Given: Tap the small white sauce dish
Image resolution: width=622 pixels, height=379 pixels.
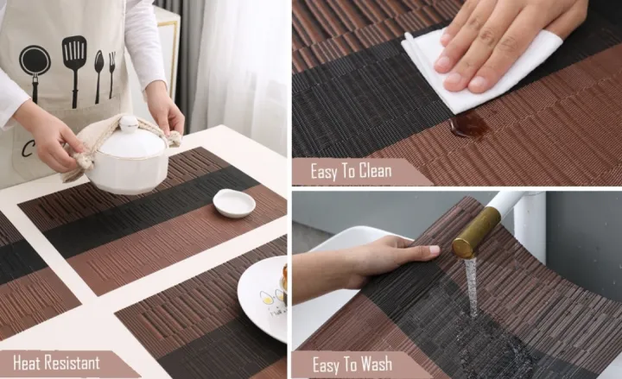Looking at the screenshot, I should pyautogui.click(x=234, y=202).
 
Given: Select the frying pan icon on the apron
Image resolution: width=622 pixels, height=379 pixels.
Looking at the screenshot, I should pyautogui.click(x=35, y=66).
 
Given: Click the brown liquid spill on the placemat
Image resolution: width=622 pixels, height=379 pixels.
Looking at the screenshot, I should pyautogui.click(x=469, y=126).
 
